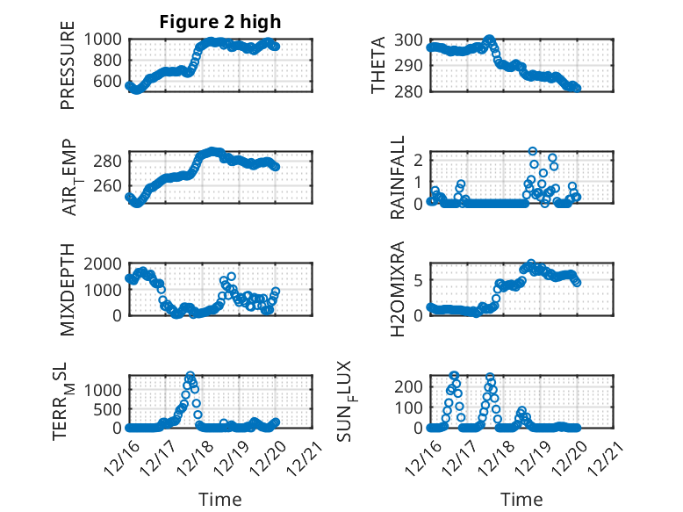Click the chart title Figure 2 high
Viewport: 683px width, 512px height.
pos(219,22)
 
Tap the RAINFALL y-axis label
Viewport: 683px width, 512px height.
pos(398,178)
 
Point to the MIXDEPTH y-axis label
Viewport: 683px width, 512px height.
pos(68,290)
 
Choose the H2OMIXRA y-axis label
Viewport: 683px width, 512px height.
pos(398,290)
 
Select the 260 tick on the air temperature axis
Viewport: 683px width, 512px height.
pos(111,185)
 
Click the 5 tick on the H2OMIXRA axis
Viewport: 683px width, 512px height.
pos(419,280)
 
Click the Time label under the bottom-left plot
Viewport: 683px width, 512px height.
pos(219,499)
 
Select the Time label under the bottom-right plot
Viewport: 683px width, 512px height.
pos(521,499)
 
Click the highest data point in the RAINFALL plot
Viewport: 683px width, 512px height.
pos(533,152)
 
